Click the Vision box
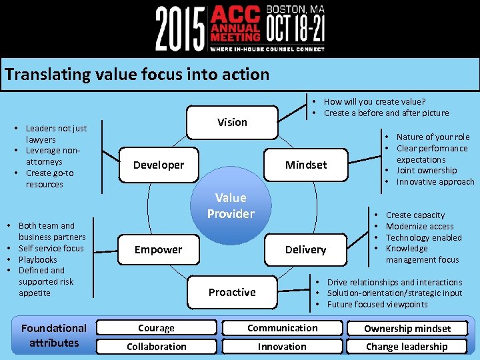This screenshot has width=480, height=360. (231, 122)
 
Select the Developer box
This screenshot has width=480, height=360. (159, 165)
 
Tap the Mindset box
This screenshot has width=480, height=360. (306, 165)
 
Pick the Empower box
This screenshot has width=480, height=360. (158, 250)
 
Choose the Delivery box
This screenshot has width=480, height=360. (305, 250)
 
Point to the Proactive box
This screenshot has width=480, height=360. (231, 292)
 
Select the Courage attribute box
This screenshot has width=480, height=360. (156, 328)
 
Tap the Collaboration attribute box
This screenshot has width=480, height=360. (156, 347)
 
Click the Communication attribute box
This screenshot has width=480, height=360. (282, 328)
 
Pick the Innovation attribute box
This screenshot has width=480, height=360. (282, 347)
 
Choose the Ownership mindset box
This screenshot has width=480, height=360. (407, 329)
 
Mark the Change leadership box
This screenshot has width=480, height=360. (407, 347)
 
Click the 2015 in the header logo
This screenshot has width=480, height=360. (180, 28)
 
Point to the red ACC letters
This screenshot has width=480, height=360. (234, 15)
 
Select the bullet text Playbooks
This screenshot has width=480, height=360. (38, 259)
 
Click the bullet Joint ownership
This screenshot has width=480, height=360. (427, 171)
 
